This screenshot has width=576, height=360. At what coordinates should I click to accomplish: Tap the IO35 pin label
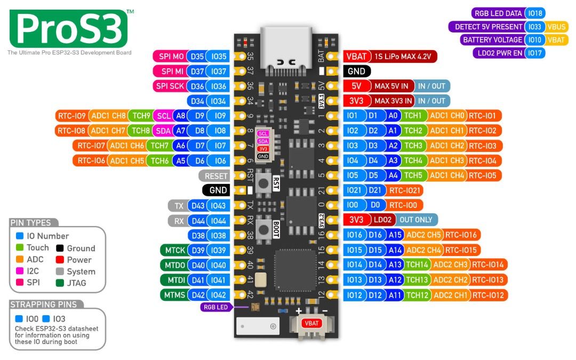point(219,57)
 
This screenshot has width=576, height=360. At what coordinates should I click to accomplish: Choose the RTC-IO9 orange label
point(71,115)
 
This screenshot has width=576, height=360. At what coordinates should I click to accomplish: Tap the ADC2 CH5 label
point(424,235)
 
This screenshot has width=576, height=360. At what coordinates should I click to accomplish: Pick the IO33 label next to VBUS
point(535,27)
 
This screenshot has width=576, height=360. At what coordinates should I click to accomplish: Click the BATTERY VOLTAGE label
point(492,40)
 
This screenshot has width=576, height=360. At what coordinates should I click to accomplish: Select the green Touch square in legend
point(19,247)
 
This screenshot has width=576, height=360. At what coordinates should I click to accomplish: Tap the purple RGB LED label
point(215,307)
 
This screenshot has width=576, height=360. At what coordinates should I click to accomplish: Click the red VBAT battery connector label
point(311,323)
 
